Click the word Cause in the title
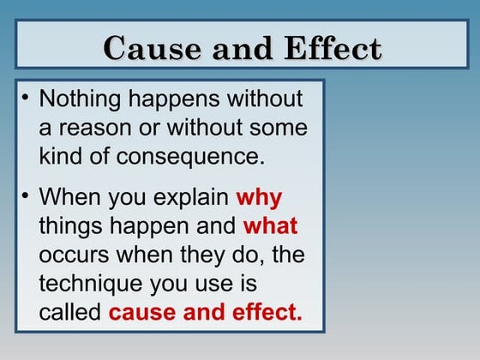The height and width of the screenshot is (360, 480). point(143,48)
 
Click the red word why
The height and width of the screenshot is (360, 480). point(259,198)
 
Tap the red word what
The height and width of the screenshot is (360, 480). point(271,226)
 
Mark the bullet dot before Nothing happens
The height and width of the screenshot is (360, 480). point(26,98)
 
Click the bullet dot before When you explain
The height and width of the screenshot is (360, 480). point(26,196)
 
